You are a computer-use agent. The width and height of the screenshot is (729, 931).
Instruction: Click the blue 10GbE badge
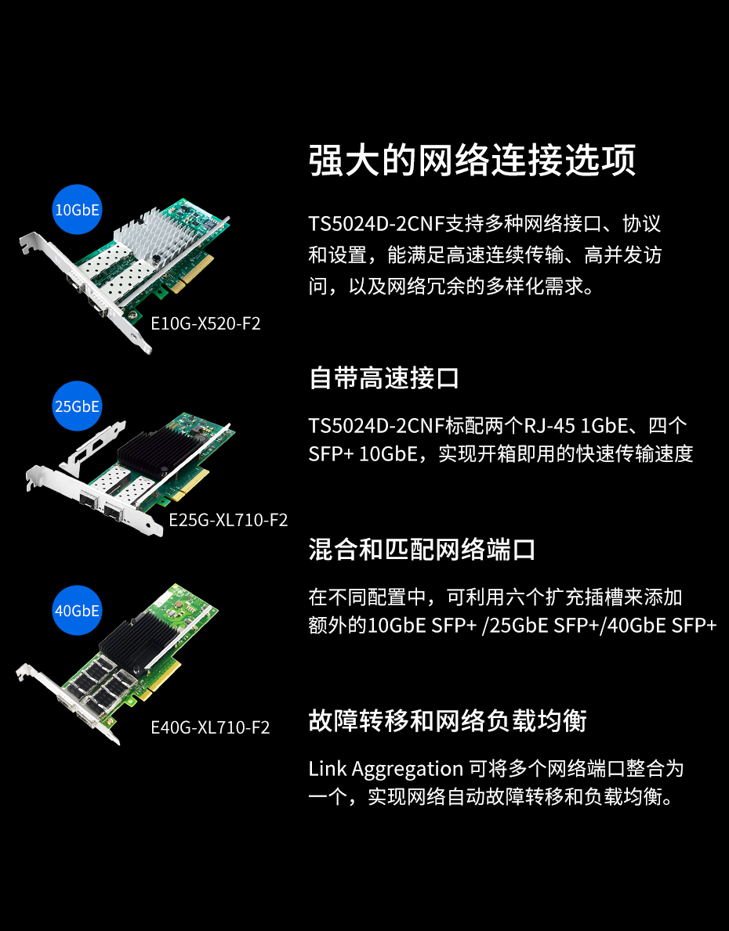pyautogui.click(x=78, y=210)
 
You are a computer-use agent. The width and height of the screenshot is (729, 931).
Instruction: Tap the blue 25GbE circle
pyautogui.click(x=78, y=406)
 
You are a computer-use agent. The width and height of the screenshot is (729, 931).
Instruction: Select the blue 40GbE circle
pyautogui.click(x=78, y=611)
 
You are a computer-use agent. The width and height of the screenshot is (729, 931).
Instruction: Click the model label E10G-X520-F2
pyautogui.click(x=205, y=323)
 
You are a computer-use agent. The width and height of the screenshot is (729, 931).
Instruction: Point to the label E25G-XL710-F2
pyautogui.click(x=228, y=520)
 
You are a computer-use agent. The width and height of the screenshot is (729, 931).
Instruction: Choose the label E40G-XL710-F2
pyautogui.click(x=211, y=727)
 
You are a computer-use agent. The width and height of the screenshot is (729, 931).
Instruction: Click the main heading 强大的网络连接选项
pyautogui.click(x=473, y=160)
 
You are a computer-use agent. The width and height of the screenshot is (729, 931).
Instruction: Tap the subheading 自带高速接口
pyautogui.click(x=384, y=378)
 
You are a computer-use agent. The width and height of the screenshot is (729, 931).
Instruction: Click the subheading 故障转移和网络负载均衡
pyautogui.click(x=448, y=721)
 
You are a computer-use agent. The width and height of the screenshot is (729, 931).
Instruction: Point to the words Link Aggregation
pyautogui.click(x=386, y=770)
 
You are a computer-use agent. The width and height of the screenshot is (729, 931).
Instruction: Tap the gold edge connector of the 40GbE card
pyautogui.click(x=161, y=677)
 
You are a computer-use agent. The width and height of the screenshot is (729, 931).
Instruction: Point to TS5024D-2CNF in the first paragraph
pyautogui.click(x=377, y=225)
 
